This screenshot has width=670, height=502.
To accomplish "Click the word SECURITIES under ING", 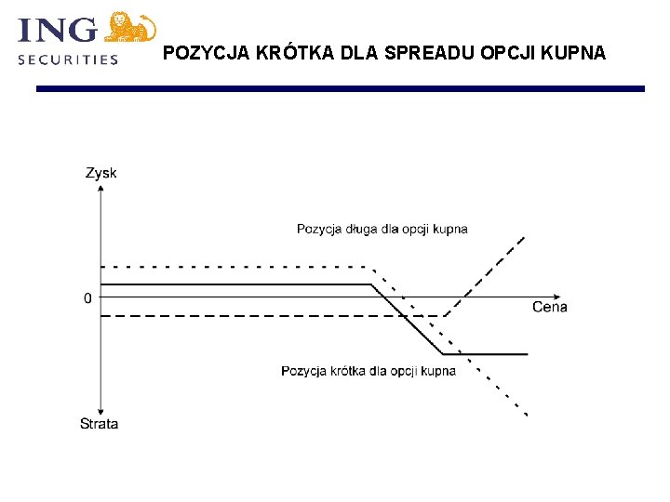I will pos(69,59).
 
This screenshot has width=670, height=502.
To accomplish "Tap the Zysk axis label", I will pos(100,173).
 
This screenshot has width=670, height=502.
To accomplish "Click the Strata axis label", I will pos(99,424).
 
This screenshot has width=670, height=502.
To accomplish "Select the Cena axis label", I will pos(549,307).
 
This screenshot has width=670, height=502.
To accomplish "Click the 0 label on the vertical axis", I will pos(87,298).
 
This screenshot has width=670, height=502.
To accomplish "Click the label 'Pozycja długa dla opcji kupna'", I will pos(382,229).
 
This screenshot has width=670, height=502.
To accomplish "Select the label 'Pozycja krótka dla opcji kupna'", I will pos(368,371).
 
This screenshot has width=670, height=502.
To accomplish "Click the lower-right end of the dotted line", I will pos(528,414).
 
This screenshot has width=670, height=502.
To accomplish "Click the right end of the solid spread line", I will pos(527,354).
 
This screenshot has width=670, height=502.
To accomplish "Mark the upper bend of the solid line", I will pos(371,284).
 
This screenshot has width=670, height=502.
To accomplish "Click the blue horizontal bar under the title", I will pos(340,88).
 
